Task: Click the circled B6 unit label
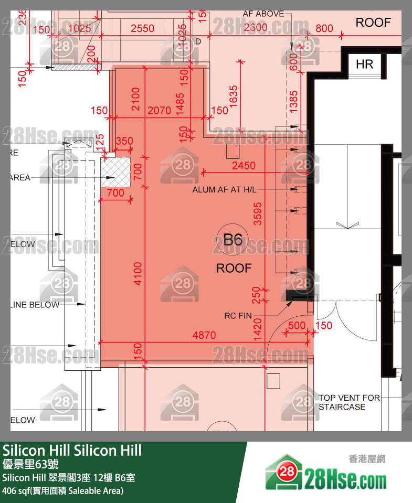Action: click(233, 240)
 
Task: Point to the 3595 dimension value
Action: click(257, 214)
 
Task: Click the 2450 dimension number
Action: click(244, 166)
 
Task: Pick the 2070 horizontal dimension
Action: click(159, 111)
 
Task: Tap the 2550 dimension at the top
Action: click(142, 28)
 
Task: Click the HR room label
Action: click(364, 64)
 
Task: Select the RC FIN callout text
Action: click(238, 316)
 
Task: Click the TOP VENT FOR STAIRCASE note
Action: click(349, 402)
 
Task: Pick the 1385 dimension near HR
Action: click(293, 101)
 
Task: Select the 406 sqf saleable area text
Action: click(62, 491)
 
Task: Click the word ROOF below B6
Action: click(234, 269)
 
